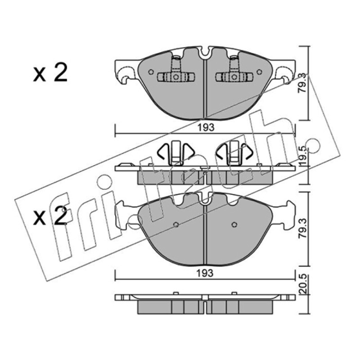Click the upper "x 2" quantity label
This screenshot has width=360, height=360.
point(50,73)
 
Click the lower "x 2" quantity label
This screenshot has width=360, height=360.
point(50,216)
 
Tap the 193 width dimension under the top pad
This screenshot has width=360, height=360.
point(206,127)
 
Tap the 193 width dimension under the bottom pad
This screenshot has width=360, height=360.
point(205,273)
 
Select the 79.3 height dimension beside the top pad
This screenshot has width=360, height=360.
point(302,83)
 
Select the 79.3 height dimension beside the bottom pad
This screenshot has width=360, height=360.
point(302,228)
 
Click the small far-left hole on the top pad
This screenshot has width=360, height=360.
point(151,72)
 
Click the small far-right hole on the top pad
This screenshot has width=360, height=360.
point(260,72)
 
